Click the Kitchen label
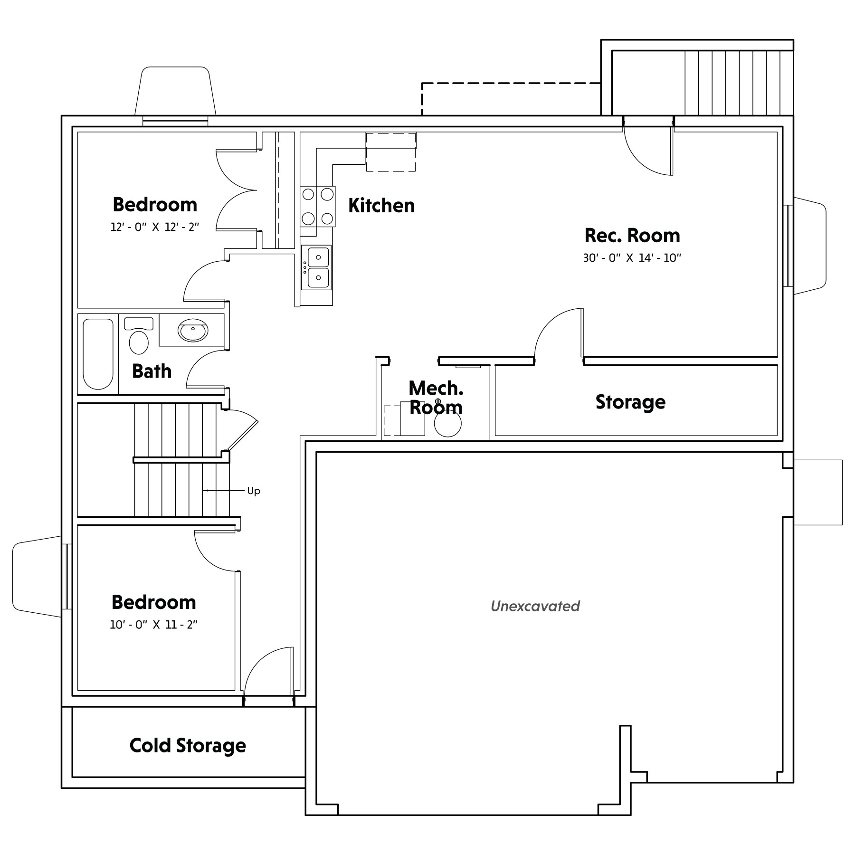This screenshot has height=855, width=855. (x=381, y=206)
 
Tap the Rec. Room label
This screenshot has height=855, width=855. (x=632, y=236)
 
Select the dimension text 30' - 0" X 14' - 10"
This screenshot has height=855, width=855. (x=632, y=258)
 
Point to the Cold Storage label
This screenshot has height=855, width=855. (x=188, y=746)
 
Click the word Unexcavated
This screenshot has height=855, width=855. (x=535, y=606)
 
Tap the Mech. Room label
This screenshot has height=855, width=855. (x=436, y=398)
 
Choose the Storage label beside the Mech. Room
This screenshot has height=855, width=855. (x=630, y=402)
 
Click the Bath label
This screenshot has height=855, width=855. (x=152, y=371)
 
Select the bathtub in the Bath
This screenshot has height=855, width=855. (x=98, y=354)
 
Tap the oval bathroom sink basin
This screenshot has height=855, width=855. (x=193, y=330)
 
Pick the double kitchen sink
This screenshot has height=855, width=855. (x=317, y=267)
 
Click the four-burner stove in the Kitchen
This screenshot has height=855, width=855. (x=317, y=207)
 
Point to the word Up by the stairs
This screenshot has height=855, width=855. (x=254, y=491)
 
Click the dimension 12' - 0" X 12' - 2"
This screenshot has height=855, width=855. (x=154, y=227)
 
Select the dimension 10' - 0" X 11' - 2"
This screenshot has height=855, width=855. (x=153, y=625)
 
